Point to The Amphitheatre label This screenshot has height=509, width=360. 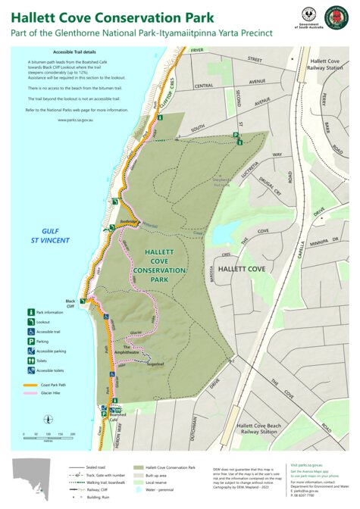tap(126, 351)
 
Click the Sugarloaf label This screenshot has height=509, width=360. tap(155, 364)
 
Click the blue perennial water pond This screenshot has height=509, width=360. tap(223, 234)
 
